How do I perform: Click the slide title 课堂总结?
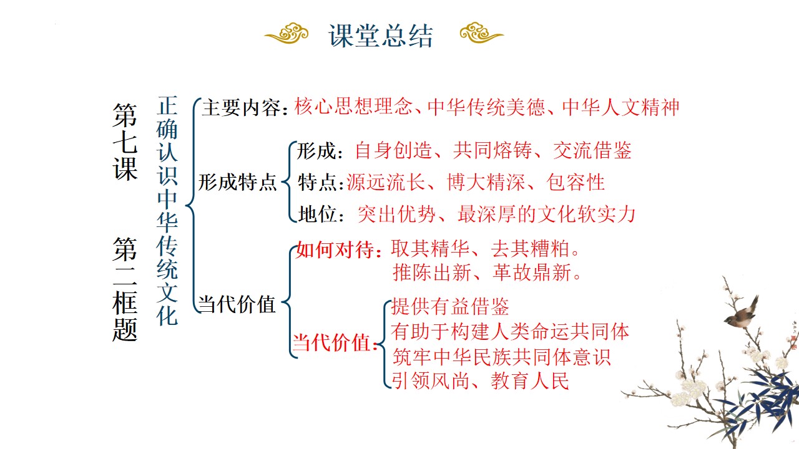(381, 36)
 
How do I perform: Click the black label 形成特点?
(238, 182)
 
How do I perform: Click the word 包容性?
(576, 182)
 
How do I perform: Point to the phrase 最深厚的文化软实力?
(547, 214)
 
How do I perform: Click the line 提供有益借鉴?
(450, 306)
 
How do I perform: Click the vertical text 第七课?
(125, 142)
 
